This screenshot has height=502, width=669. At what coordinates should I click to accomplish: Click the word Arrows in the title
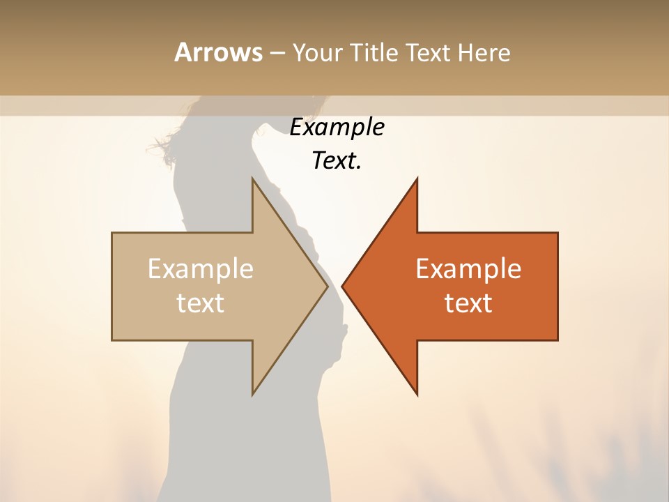(218, 52)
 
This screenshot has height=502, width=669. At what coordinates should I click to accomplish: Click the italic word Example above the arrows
(337, 128)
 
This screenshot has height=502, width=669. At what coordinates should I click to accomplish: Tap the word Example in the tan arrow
(201, 269)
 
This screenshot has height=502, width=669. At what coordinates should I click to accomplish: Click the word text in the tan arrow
(201, 303)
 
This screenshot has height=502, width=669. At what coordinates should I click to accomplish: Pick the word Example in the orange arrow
(468, 269)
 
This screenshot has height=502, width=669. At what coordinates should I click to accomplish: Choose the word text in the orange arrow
(468, 303)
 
